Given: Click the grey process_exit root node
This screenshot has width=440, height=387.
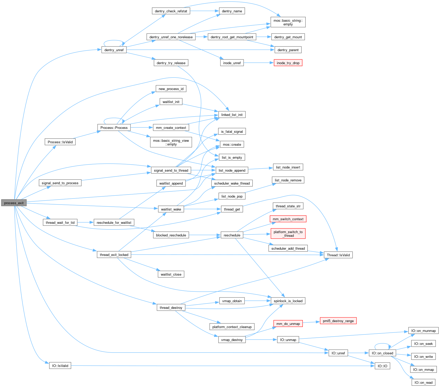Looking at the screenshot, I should [14, 203].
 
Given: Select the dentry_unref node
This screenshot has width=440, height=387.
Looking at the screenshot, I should [114, 50].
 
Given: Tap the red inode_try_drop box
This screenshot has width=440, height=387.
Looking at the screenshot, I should [288, 63].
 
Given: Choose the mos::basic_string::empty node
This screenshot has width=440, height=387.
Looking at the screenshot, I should [288, 22].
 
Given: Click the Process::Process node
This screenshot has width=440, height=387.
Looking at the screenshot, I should [114, 128].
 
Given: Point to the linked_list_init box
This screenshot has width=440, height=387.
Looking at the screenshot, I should [232, 115].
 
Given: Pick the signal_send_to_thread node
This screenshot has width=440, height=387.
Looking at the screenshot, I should [171, 170].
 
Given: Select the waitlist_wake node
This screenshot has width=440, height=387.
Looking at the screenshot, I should [171, 209].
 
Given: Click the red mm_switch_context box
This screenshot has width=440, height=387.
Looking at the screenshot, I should [288, 219].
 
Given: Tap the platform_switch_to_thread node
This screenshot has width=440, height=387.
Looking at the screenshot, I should [288, 234].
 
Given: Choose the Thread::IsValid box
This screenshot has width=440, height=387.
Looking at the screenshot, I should [338, 255].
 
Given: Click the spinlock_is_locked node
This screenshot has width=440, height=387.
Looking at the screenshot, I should [288, 301].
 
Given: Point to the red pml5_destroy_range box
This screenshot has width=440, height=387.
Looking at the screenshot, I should [338, 321].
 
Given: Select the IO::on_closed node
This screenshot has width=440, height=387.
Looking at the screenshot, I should [382, 353].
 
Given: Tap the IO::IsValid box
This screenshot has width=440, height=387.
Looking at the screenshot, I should [60, 365].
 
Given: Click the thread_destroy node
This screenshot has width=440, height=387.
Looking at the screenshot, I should [171, 307].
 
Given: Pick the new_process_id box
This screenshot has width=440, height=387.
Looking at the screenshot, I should [171, 89].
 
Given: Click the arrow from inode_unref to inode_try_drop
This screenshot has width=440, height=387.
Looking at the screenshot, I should [258, 63].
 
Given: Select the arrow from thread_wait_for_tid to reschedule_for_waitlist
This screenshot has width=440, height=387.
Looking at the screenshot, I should [85, 222].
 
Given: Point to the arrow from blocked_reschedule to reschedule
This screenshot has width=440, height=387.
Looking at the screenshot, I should [205, 235].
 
